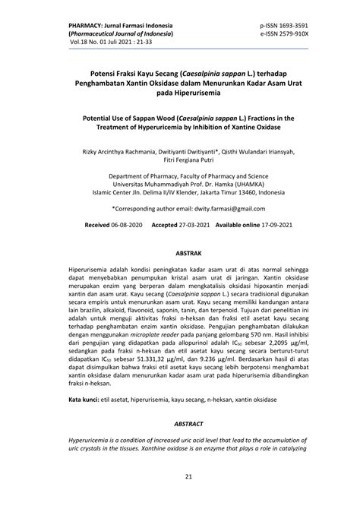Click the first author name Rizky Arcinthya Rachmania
point(112,150)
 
